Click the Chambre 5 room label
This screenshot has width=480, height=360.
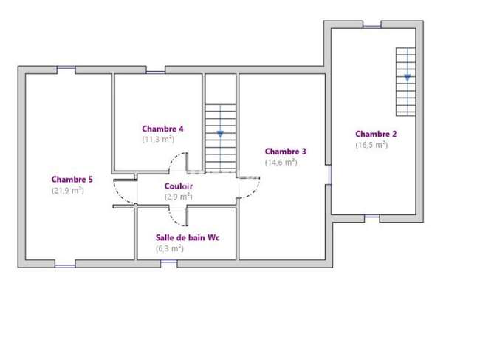point(72,179)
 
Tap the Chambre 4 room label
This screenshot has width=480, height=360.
point(162,129)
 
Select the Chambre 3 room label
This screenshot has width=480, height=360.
point(285,152)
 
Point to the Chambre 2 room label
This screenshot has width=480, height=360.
point(376,134)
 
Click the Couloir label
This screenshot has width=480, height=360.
point(179,186)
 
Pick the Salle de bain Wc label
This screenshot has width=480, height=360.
point(188,237)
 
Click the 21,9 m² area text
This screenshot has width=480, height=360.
point(68,190)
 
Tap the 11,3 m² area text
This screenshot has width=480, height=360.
point(158,140)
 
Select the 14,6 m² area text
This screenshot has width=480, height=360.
point(281,162)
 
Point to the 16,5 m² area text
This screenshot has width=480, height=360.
point(371,145)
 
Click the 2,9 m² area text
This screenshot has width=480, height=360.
point(179,197)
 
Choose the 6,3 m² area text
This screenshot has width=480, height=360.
point(170,248)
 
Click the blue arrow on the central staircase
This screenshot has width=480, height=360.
point(220,134)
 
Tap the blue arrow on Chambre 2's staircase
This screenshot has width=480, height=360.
point(408,78)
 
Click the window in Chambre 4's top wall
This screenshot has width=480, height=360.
point(156,72)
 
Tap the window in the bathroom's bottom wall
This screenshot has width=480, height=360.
point(169,262)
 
